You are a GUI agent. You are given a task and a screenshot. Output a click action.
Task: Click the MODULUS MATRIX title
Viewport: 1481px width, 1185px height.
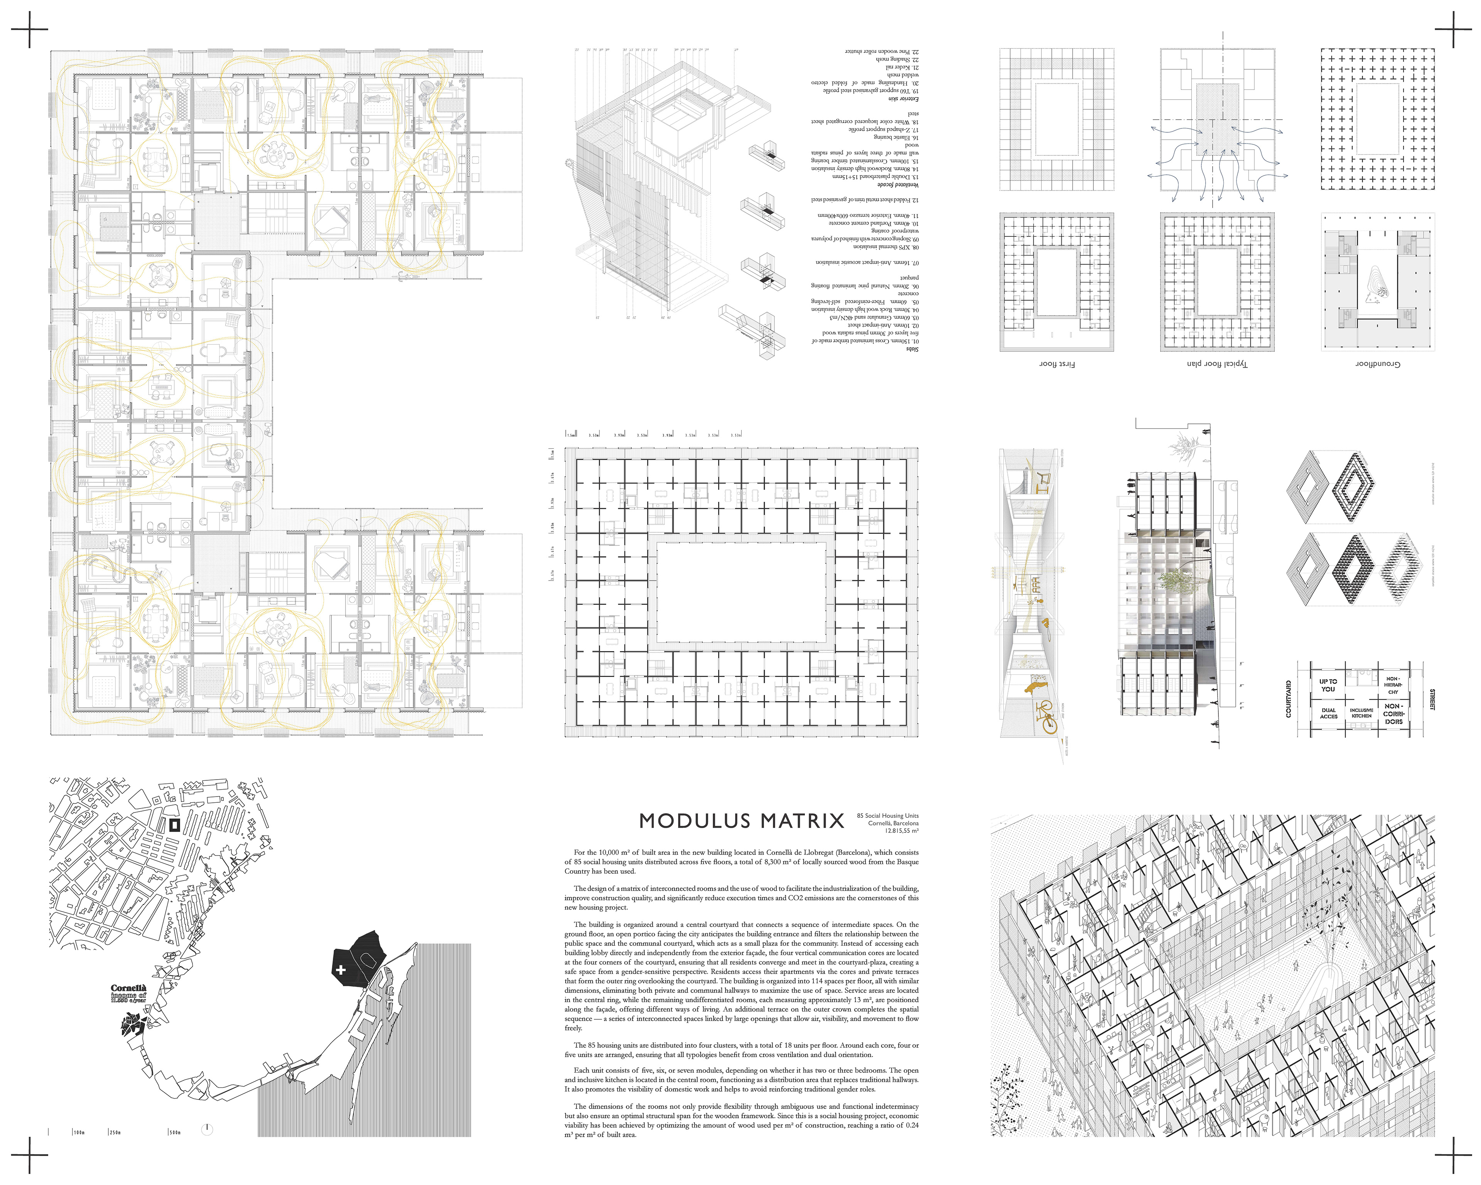(741, 821)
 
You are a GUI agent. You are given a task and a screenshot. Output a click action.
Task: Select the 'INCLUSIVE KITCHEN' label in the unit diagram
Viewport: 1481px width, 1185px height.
(1361, 713)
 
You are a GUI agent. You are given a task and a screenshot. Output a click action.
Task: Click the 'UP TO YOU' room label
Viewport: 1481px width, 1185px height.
(1328, 685)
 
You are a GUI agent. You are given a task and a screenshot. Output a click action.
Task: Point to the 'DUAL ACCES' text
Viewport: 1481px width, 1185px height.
(1329, 713)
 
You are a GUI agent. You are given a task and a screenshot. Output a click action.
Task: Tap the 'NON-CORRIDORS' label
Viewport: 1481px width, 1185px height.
(1393, 713)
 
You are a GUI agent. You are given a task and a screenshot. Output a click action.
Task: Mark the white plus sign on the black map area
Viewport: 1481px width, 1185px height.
(341, 970)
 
